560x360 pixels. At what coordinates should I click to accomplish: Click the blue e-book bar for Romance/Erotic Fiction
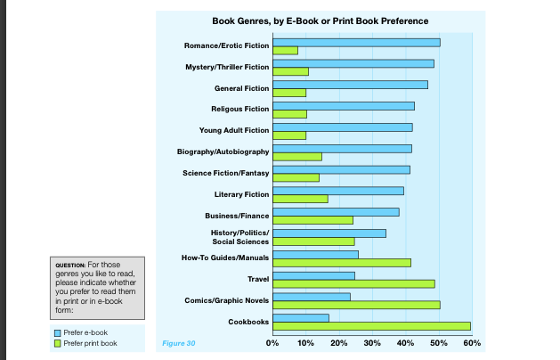click(x=356, y=43)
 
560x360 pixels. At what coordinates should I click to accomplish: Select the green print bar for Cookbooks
click(x=371, y=326)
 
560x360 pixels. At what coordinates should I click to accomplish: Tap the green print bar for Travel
click(x=353, y=284)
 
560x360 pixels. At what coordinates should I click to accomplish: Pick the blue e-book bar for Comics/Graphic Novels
click(x=312, y=297)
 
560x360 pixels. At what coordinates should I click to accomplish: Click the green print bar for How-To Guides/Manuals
click(x=341, y=263)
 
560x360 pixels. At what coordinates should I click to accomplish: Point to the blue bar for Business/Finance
click(x=336, y=212)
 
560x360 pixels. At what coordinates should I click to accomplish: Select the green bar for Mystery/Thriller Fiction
click(x=290, y=71)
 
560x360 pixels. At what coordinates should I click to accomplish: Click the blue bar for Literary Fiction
click(x=338, y=191)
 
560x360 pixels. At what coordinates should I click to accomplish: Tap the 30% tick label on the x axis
click(x=373, y=342)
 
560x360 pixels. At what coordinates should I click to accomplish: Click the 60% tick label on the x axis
click(x=472, y=342)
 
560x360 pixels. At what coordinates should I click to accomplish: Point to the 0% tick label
click(x=273, y=342)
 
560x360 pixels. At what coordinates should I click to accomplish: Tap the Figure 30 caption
click(x=179, y=342)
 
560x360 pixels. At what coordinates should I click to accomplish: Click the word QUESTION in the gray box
click(x=70, y=265)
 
